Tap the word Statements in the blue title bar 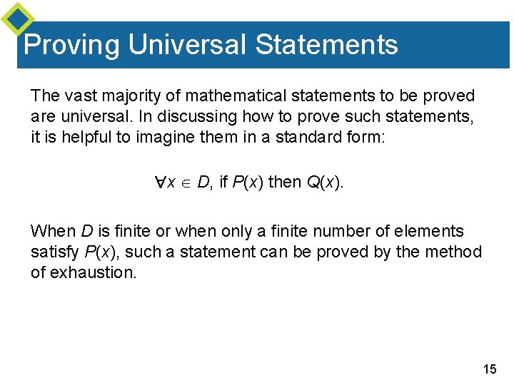coord(326,44)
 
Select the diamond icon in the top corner coord(18,20)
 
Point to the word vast coord(74,96)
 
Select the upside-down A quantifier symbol coord(161,183)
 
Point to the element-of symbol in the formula coord(186,183)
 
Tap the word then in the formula coord(285,183)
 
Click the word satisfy coord(55,252)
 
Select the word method coord(458,252)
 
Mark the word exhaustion coord(92,272)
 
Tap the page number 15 coord(490,369)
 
